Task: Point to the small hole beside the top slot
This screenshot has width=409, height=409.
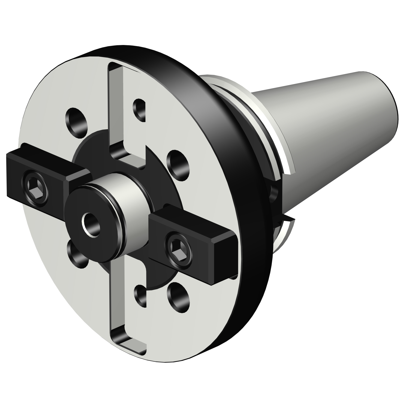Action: tap(140, 109)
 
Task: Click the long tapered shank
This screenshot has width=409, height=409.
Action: tap(327, 123)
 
